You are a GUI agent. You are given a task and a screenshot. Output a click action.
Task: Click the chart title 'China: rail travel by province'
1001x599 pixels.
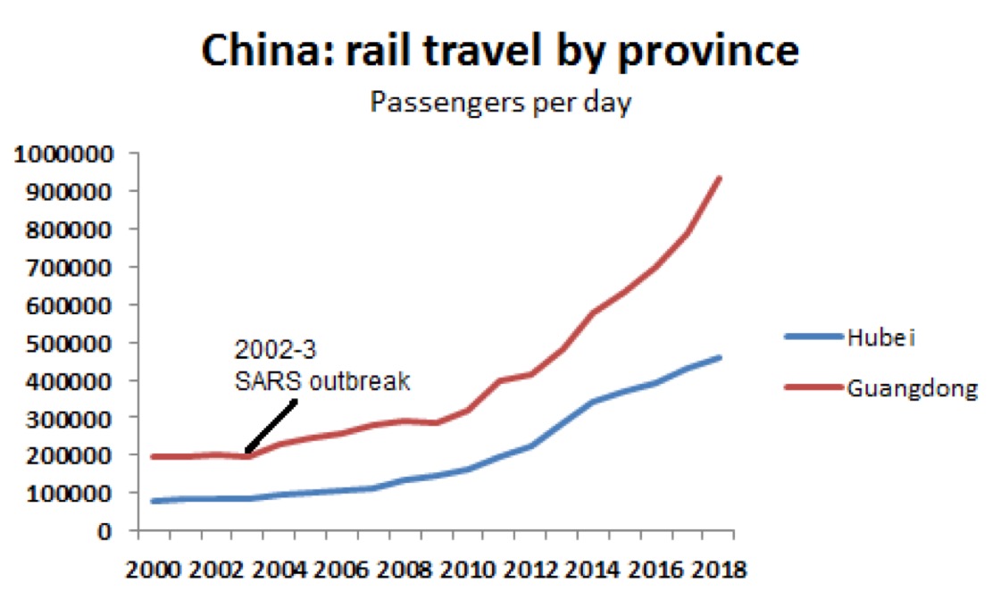pyautogui.click(x=499, y=51)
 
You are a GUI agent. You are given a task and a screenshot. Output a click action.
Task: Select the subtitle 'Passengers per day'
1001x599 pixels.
pyautogui.click(x=501, y=103)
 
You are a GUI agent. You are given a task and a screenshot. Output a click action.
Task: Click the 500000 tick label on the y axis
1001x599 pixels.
pyautogui.click(x=73, y=343)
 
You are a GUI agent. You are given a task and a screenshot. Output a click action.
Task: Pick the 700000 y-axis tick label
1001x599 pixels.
pyautogui.click(x=73, y=267)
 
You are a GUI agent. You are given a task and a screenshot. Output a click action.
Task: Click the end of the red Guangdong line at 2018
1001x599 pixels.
pyautogui.click(x=720, y=179)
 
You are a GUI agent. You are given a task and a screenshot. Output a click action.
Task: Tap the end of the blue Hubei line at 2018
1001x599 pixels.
pyautogui.click(x=720, y=358)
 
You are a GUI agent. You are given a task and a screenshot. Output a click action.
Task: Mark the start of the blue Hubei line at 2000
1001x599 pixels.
pyautogui.click(x=154, y=501)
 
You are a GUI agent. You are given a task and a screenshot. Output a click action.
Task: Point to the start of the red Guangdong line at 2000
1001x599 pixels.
pyautogui.click(x=154, y=456)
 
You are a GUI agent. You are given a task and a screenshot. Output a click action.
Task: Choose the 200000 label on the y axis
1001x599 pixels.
pyautogui.click(x=73, y=455)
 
